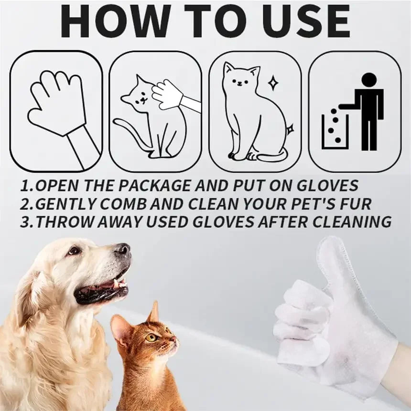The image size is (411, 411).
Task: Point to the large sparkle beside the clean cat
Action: coord(273,83)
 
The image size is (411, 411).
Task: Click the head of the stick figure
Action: coord(368,80)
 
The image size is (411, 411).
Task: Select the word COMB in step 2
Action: coord(125,204)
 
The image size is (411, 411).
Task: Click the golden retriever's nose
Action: coord(123,249)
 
